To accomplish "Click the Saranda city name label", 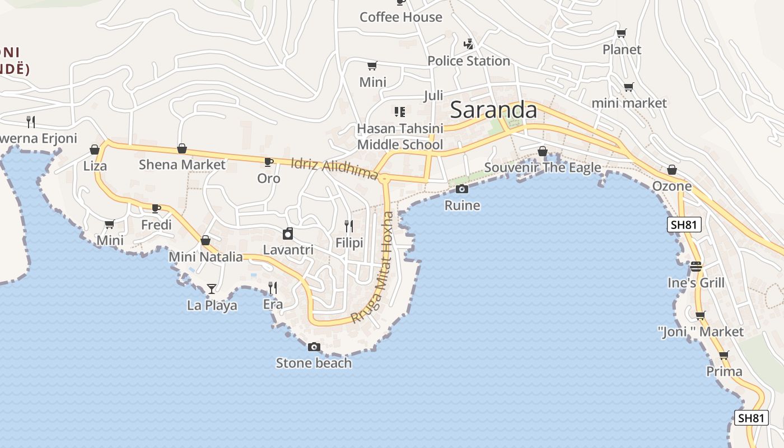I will coord(493,110).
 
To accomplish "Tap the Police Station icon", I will coord(469,44).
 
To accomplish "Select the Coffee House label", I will coord(401,17).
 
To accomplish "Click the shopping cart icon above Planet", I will coord(621,33).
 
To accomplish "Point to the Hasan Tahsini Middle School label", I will coord(400,137).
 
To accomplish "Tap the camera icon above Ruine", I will coord(462,189).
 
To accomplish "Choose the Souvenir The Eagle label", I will coord(542,167).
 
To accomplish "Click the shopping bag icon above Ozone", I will coord(672,170).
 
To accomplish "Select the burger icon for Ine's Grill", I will coord(696,266).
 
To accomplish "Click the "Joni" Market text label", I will coord(701,332).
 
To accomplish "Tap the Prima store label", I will coord(724,371).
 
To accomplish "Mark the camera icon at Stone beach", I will coord(314,347).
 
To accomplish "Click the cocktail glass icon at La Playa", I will coord(212,289).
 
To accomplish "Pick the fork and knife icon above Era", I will coord(273,288).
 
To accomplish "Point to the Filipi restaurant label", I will coord(349,243).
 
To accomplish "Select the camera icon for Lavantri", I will coord(288,234).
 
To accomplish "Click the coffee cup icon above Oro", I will coord(268,162).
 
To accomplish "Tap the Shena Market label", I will coord(182,165).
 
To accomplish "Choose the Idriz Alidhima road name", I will coord(334,169).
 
